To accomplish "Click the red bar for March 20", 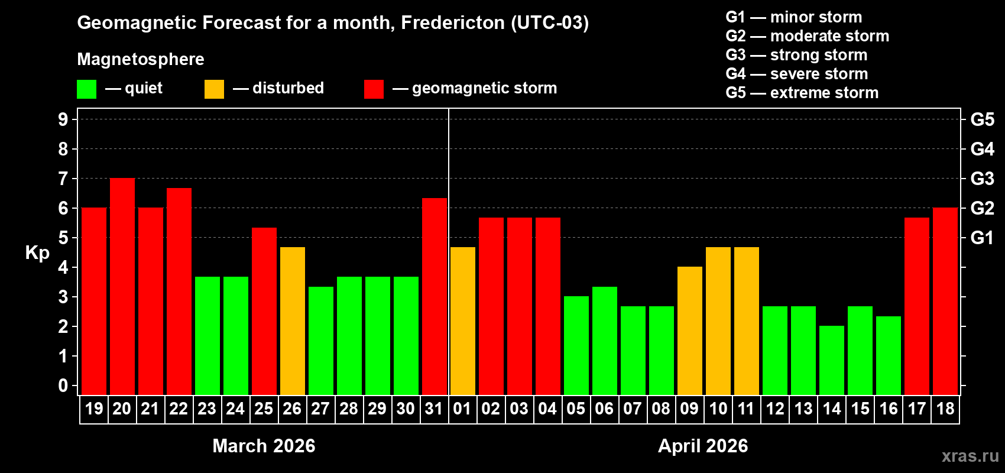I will click(122, 287).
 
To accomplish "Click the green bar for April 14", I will click(832, 361).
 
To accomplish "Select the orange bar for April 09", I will click(690, 331).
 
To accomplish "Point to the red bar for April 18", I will click(945, 302).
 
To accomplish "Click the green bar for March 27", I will click(321, 341).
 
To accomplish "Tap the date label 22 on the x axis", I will click(179, 409).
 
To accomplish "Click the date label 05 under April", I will click(576, 409).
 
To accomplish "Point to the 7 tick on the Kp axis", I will click(63, 179).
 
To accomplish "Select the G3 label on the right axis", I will click(982, 179).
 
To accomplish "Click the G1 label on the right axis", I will click(982, 238).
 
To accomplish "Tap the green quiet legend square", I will click(87, 89).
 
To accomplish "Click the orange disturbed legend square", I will click(215, 89).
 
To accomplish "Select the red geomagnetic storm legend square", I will click(374, 89).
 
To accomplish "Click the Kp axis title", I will click(37, 253).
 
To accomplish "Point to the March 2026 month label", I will click(264, 446).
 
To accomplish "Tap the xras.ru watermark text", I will click(970, 456).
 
